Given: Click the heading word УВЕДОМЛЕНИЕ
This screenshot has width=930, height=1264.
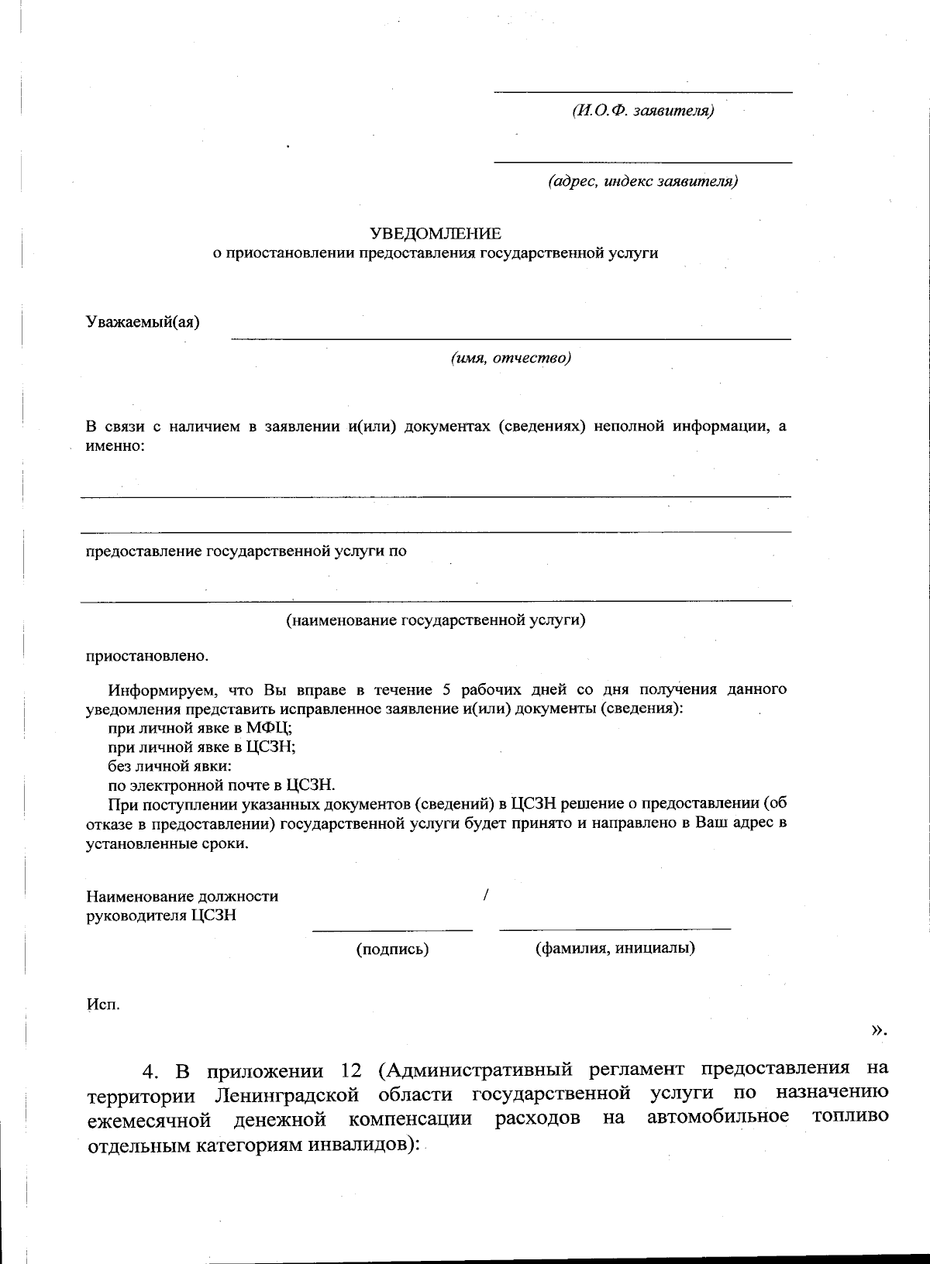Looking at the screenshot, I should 436,233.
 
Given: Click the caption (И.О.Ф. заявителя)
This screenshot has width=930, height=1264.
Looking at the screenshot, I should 642,111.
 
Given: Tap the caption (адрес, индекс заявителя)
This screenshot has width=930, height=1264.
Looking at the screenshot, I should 642,181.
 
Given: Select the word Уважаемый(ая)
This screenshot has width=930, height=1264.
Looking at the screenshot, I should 143,322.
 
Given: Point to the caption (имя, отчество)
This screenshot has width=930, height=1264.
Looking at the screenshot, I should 511,358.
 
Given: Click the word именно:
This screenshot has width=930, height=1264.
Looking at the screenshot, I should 115,446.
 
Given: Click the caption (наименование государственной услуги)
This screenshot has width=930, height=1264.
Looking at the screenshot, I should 436,620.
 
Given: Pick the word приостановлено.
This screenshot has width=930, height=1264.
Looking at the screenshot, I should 146,656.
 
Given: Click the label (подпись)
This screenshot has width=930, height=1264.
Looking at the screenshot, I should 392,949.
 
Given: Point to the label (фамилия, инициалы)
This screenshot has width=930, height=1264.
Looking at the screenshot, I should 615,948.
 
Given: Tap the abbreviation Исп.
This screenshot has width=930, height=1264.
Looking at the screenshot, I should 102,1005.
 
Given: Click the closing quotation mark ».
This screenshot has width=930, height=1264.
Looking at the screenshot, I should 878,1030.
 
